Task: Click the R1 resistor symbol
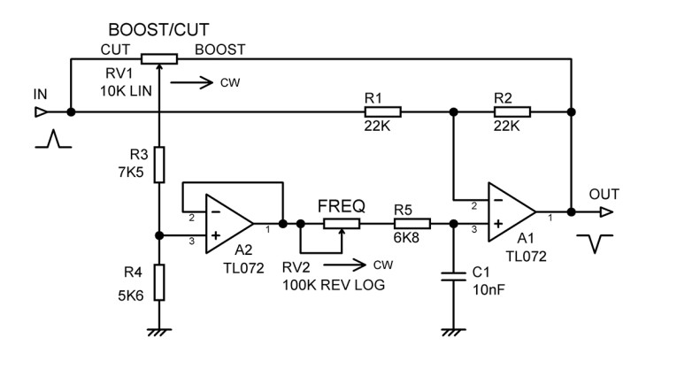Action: (382, 112)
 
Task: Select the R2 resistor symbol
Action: (512, 112)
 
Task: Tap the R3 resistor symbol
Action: (159, 165)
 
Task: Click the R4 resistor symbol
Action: (159, 283)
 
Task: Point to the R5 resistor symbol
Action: (412, 224)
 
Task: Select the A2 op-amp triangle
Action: (227, 221)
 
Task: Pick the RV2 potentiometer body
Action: (334, 224)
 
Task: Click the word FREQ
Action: (341, 206)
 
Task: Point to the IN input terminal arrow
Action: (40, 112)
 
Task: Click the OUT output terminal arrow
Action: (605, 211)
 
